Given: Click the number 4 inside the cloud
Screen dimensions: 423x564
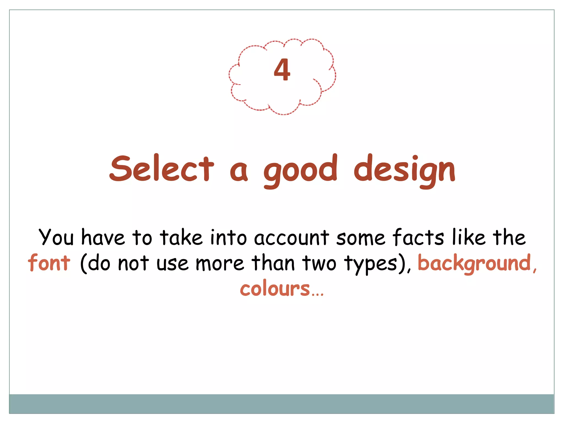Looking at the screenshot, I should (x=282, y=70).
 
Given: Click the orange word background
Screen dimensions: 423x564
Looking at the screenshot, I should (x=474, y=263).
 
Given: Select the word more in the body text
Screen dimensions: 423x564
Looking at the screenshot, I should (x=220, y=264).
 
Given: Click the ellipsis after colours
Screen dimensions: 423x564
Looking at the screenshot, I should (x=318, y=294).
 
